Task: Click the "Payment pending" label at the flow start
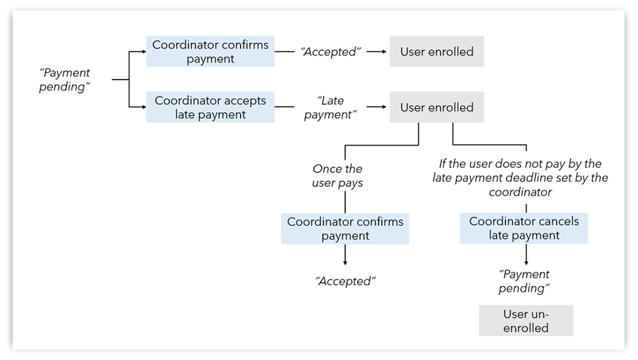66,80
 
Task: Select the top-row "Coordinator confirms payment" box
210,52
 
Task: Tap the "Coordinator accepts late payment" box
210,107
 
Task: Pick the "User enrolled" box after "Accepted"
437,52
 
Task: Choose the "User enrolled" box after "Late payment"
437,107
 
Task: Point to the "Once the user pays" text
337,176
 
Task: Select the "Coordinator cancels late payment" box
524,228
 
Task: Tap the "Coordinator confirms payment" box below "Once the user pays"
345,229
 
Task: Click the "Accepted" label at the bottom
345,281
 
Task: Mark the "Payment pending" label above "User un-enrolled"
524,281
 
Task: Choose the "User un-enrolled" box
526,320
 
